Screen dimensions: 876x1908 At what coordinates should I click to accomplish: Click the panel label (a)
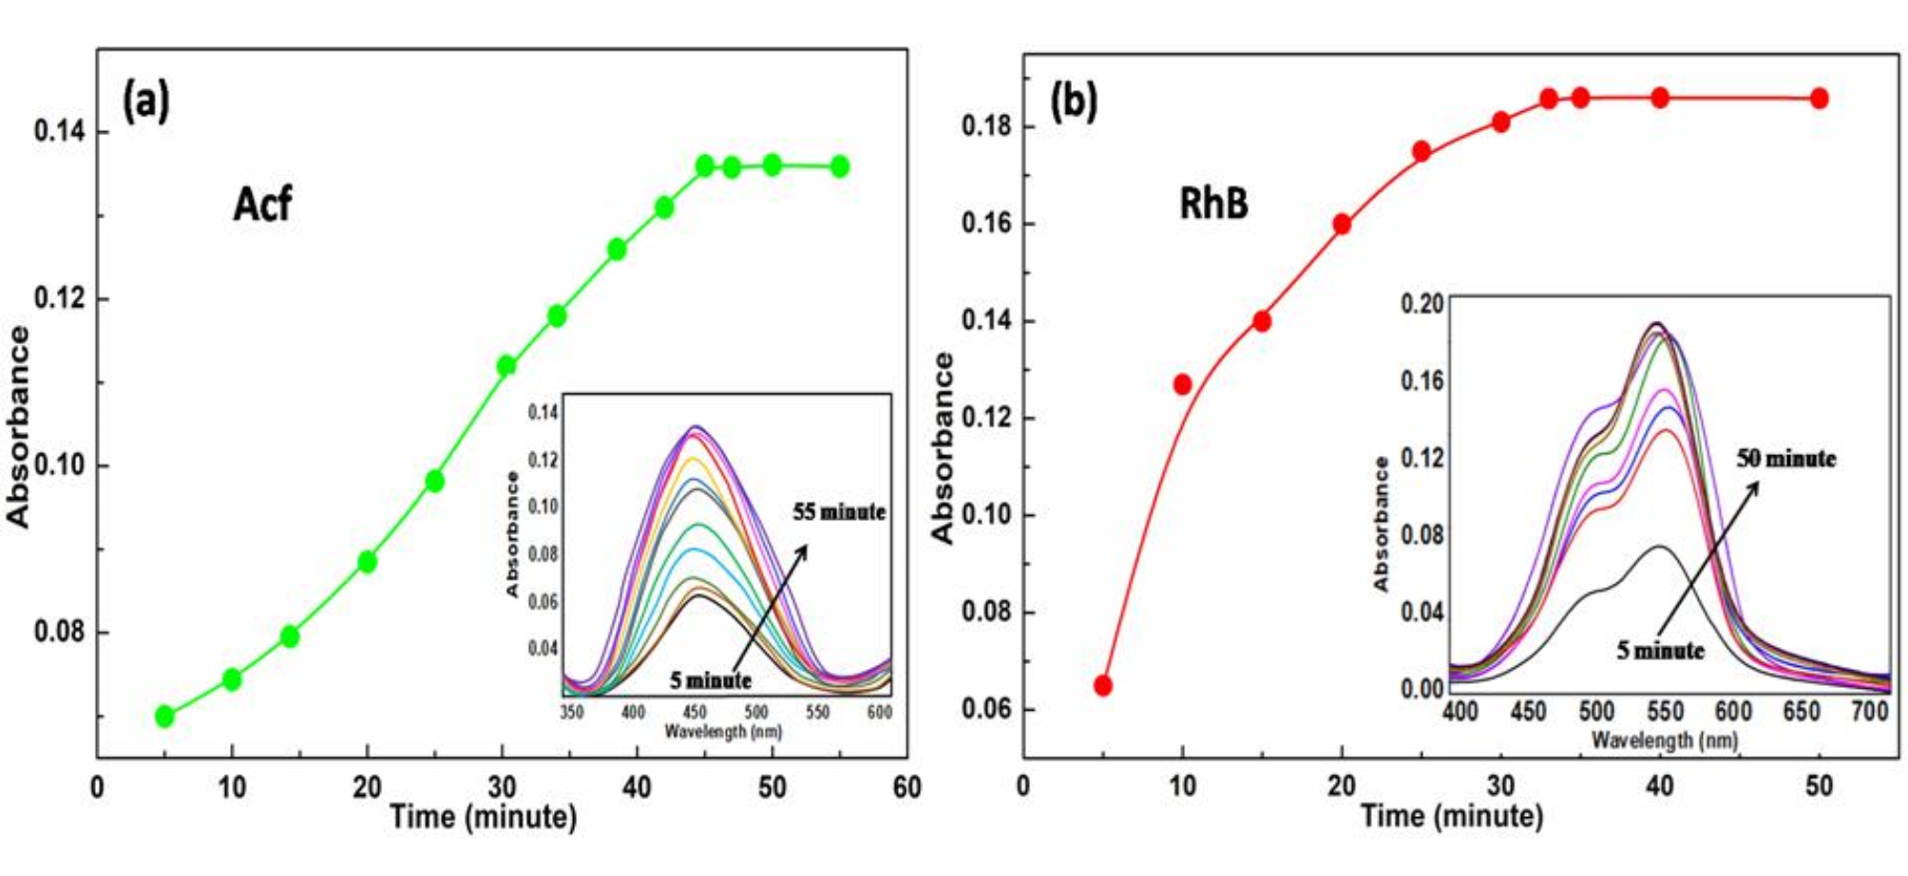pyautogui.click(x=146, y=101)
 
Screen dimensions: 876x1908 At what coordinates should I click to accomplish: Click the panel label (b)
pyautogui.click(x=1074, y=101)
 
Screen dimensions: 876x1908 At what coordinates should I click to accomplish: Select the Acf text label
pyautogui.click(x=262, y=203)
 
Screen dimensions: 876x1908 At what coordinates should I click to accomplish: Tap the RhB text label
pyautogui.click(x=1213, y=203)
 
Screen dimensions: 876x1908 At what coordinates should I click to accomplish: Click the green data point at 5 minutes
pyautogui.click(x=164, y=715)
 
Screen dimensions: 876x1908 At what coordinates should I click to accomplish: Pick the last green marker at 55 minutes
pyautogui.click(x=840, y=166)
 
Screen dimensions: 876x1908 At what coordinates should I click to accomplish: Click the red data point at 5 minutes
pyautogui.click(x=1103, y=686)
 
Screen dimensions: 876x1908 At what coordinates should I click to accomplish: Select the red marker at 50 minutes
pyautogui.click(x=1819, y=98)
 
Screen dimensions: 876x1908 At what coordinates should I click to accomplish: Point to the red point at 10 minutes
pyautogui.click(x=1183, y=385)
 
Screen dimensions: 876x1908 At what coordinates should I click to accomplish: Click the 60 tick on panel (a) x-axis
pyautogui.click(x=907, y=788)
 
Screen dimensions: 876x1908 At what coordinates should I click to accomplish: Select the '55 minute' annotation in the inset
pyautogui.click(x=839, y=512)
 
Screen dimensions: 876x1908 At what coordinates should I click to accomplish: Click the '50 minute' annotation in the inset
pyautogui.click(x=1786, y=459)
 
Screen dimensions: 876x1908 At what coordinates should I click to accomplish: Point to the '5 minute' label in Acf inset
pyautogui.click(x=711, y=680)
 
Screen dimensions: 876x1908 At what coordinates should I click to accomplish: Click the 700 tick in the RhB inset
pyautogui.click(x=1870, y=712)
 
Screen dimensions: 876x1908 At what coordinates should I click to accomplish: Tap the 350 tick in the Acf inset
pyautogui.click(x=572, y=712)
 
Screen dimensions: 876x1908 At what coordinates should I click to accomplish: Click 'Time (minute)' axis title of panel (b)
pyautogui.click(x=1451, y=816)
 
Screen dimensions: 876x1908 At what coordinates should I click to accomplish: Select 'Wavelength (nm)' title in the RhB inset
pyautogui.click(x=1665, y=740)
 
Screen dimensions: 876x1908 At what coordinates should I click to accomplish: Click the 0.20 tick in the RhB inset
pyautogui.click(x=1421, y=304)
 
